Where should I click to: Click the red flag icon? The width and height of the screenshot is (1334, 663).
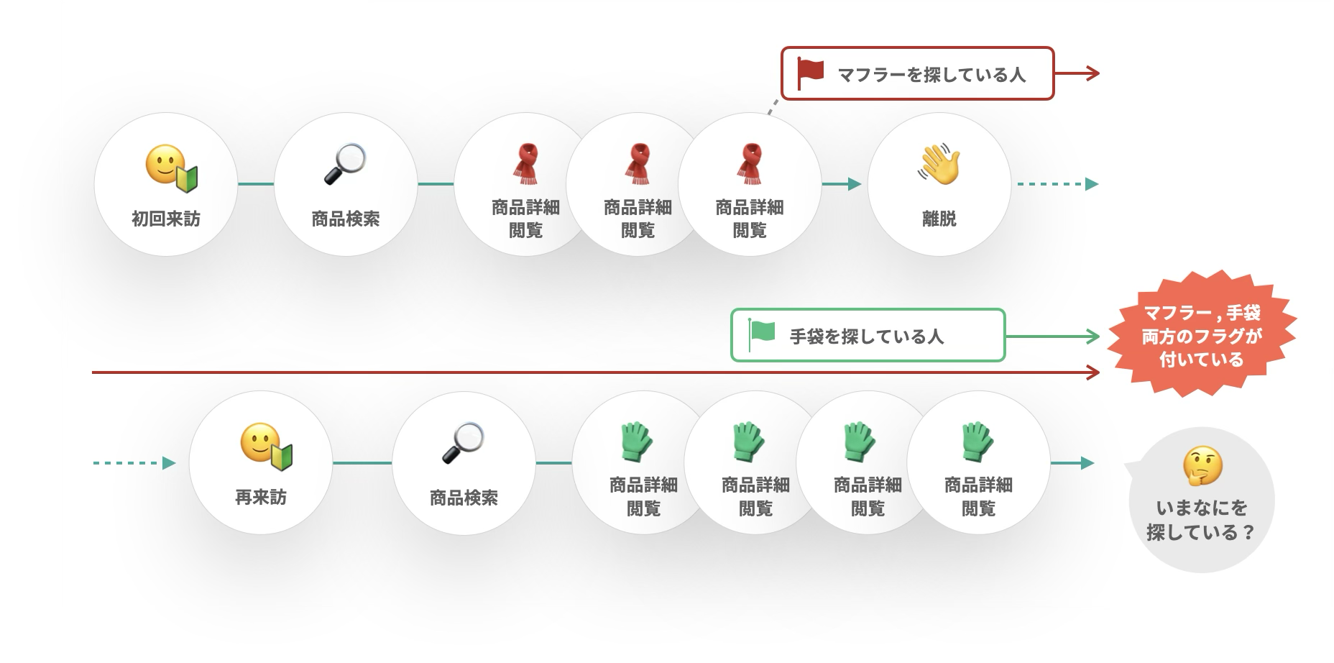point(811,73)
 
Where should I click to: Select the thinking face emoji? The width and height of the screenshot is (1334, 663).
point(1202,466)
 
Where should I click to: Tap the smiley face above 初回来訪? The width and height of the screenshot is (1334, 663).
point(170,167)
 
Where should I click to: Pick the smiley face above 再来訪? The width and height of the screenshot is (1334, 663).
point(264,446)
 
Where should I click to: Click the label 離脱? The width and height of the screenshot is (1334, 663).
point(939,219)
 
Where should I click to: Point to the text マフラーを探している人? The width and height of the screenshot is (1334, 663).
point(931,74)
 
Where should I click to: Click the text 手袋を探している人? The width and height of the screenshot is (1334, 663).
point(867,336)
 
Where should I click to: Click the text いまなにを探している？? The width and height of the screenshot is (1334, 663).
point(1201,520)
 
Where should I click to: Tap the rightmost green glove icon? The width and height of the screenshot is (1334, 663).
point(977,442)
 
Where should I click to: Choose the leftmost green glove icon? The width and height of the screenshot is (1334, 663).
point(635,442)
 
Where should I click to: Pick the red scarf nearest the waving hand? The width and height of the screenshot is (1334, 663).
point(750,164)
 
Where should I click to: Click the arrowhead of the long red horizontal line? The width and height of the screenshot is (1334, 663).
point(1093,372)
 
